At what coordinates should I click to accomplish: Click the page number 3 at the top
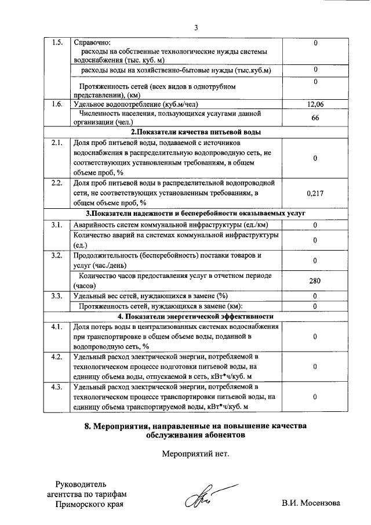click(196, 27)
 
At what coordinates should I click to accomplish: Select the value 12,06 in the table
click(315, 104)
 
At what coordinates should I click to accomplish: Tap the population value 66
click(315, 118)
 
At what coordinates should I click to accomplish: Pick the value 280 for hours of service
click(315, 281)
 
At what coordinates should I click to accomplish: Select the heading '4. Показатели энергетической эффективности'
click(195, 316)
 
